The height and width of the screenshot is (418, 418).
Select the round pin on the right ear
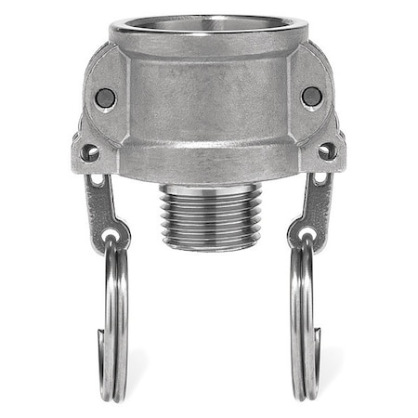click(311, 96)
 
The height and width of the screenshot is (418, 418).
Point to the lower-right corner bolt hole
click(327, 149)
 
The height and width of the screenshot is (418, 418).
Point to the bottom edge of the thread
click(208, 247)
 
